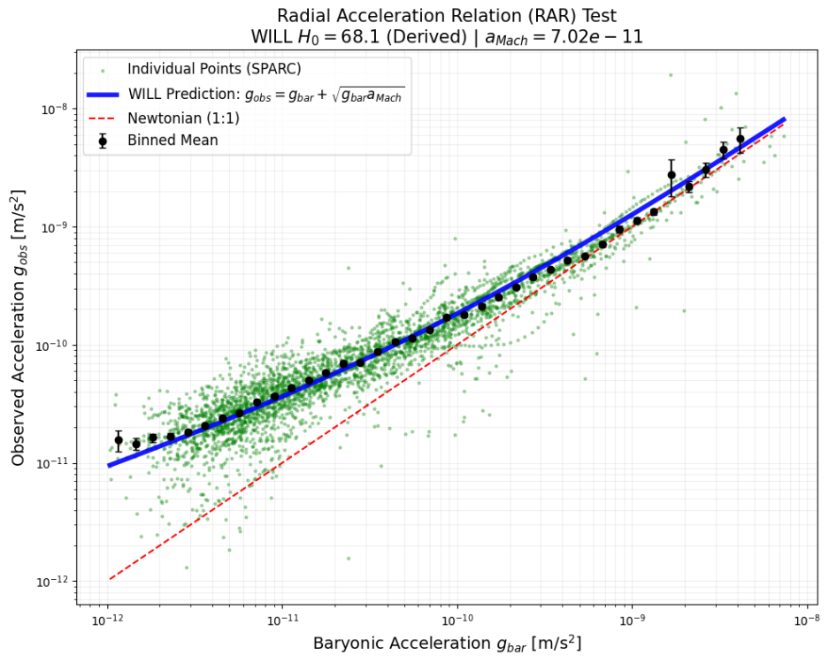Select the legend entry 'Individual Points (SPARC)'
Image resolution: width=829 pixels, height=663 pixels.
[206, 68]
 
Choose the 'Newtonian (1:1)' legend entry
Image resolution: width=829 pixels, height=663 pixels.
[183, 118]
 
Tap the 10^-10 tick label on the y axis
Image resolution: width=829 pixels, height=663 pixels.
[50, 346]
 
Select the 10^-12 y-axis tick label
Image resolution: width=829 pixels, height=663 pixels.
[50, 582]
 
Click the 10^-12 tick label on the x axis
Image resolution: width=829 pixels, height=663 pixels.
[107, 621]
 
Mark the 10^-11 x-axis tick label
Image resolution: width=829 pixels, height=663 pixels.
[282, 621]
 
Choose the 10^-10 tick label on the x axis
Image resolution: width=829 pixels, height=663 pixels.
[457, 621]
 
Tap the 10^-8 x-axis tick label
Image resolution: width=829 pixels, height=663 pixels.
[805, 621]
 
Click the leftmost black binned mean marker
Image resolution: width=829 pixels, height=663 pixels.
[119, 439]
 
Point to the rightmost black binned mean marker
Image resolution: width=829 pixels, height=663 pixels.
[741, 139]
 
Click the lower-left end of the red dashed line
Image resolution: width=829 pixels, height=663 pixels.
[109, 579]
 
